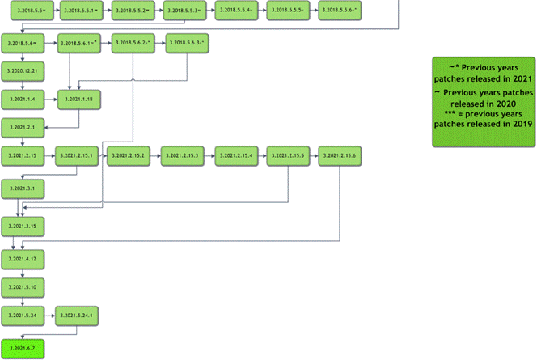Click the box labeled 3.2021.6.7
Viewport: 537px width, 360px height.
click(23, 349)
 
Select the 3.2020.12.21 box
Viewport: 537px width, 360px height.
click(23, 71)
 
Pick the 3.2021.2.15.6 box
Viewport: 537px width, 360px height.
click(341, 155)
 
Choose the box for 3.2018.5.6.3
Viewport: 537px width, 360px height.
click(186, 43)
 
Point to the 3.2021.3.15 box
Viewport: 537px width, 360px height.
click(23, 224)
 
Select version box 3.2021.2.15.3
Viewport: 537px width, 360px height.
click(184, 155)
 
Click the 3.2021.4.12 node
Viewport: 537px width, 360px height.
click(23, 260)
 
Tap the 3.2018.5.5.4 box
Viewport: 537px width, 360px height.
click(237, 11)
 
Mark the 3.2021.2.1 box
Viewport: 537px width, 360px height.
click(23, 128)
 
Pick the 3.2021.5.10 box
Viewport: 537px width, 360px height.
click(23, 287)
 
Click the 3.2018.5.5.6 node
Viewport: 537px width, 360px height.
click(340, 11)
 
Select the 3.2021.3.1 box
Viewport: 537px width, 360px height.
click(23, 187)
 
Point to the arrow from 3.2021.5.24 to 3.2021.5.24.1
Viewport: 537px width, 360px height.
click(50, 316)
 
